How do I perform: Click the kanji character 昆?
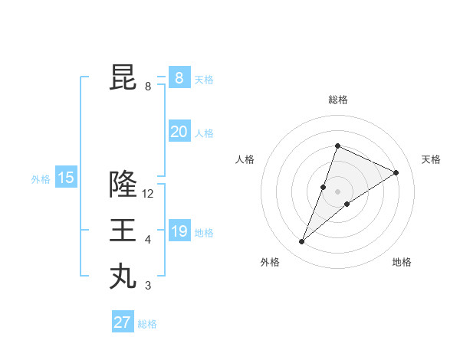[x=123, y=78]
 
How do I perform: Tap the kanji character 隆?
[x=123, y=184]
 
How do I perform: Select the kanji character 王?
[x=123, y=230]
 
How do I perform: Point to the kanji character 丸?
[x=123, y=276]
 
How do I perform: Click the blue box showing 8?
[x=179, y=78]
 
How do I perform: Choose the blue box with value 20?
[x=179, y=132]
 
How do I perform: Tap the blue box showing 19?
[x=179, y=231]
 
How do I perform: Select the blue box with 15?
[x=65, y=178]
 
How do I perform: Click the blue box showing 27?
[x=123, y=322]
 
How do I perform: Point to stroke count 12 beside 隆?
[x=148, y=194]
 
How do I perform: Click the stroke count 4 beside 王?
[x=148, y=240]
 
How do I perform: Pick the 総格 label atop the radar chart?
[x=337, y=100]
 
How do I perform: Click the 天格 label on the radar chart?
[x=431, y=159]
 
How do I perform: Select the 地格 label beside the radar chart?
[x=402, y=262]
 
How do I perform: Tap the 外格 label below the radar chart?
[x=270, y=262]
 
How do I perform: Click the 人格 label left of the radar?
[x=245, y=159]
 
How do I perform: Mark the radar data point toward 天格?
[x=396, y=172]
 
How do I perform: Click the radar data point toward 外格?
[x=301, y=242]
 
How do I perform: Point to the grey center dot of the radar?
[x=337, y=191]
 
